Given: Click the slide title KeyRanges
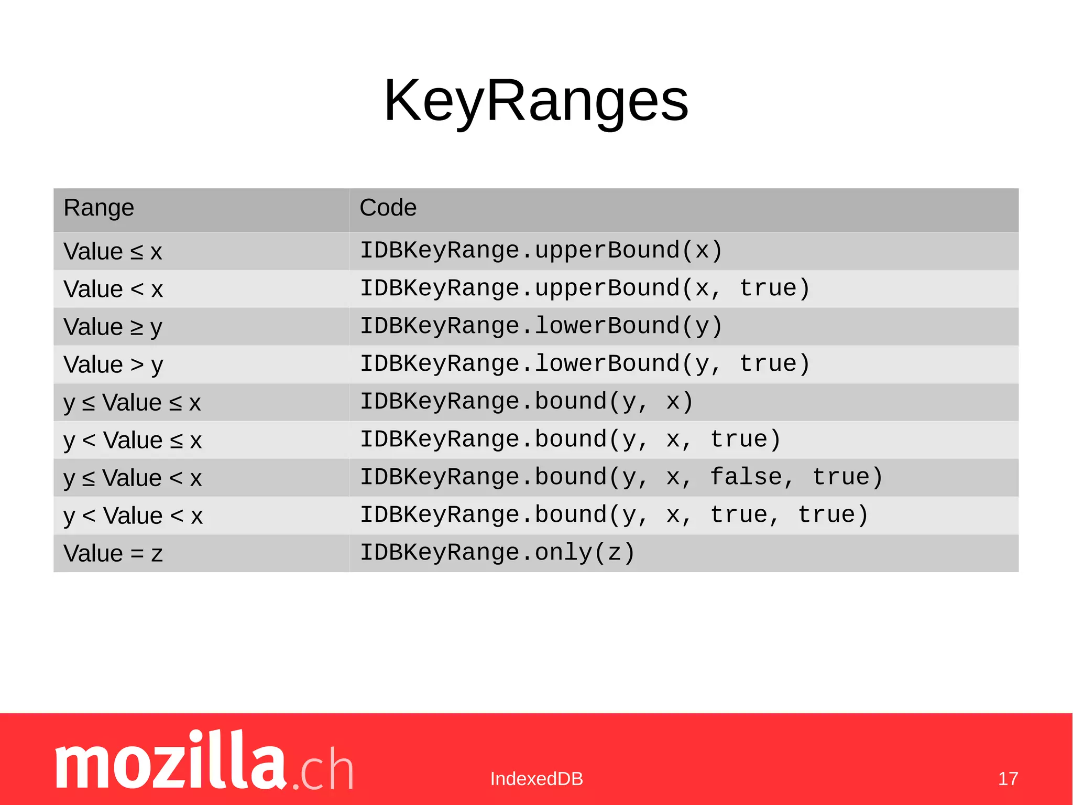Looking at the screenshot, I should [x=536, y=100].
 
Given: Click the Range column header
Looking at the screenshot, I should [x=98, y=208].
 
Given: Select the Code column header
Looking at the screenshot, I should [x=388, y=208].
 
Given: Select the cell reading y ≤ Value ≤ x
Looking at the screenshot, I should [x=132, y=403].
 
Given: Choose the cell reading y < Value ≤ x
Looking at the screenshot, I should [x=133, y=441].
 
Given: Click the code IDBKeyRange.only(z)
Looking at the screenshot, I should [x=497, y=553].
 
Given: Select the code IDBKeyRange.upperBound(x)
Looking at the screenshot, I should [x=541, y=251].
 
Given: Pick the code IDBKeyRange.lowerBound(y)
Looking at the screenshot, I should [x=541, y=326].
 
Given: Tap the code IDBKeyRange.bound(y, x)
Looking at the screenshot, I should [x=527, y=402].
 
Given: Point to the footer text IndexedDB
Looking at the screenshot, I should [x=536, y=779].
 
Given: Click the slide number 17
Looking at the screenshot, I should [x=1008, y=779].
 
